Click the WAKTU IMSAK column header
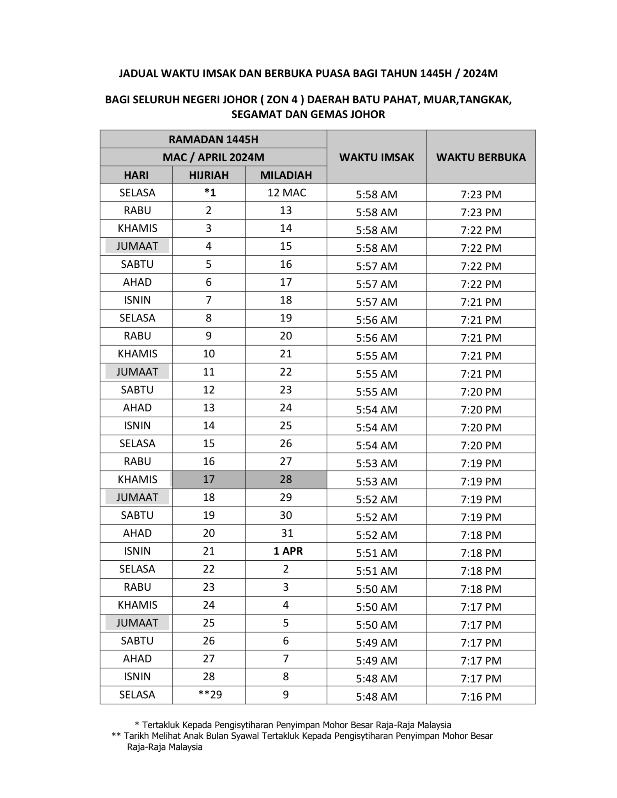(x=376, y=157)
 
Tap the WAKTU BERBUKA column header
(x=481, y=157)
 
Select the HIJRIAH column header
(x=209, y=175)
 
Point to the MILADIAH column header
(x=286, y=175)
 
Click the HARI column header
(x=136, y=175)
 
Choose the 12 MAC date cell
(x=286, y=192)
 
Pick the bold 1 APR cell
(x=288, y=551)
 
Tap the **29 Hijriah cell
(x=210, y=694)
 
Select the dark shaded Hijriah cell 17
(x=209, y=479)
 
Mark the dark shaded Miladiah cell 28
(x=286, y=479)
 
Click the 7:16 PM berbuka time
(x=481, y=696)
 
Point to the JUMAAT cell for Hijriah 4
(x=137, y=246)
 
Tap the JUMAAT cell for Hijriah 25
(x=137, y=623)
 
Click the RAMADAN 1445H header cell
(x=213, y=139)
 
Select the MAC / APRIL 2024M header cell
(x=213, y=157)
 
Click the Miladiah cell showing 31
(x=287, y=533)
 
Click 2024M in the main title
(x=480, y=74)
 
